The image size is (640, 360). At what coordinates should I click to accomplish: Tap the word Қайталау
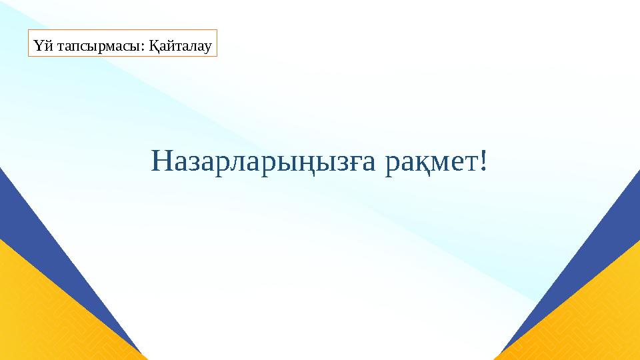(181, 46)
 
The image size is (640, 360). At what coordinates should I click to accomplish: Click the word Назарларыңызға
(266, 160)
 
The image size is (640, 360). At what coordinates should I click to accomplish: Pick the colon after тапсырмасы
(144, 47)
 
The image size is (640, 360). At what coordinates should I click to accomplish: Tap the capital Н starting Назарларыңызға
(162, 160)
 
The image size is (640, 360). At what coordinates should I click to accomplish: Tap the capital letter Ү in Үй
(36, 46)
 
